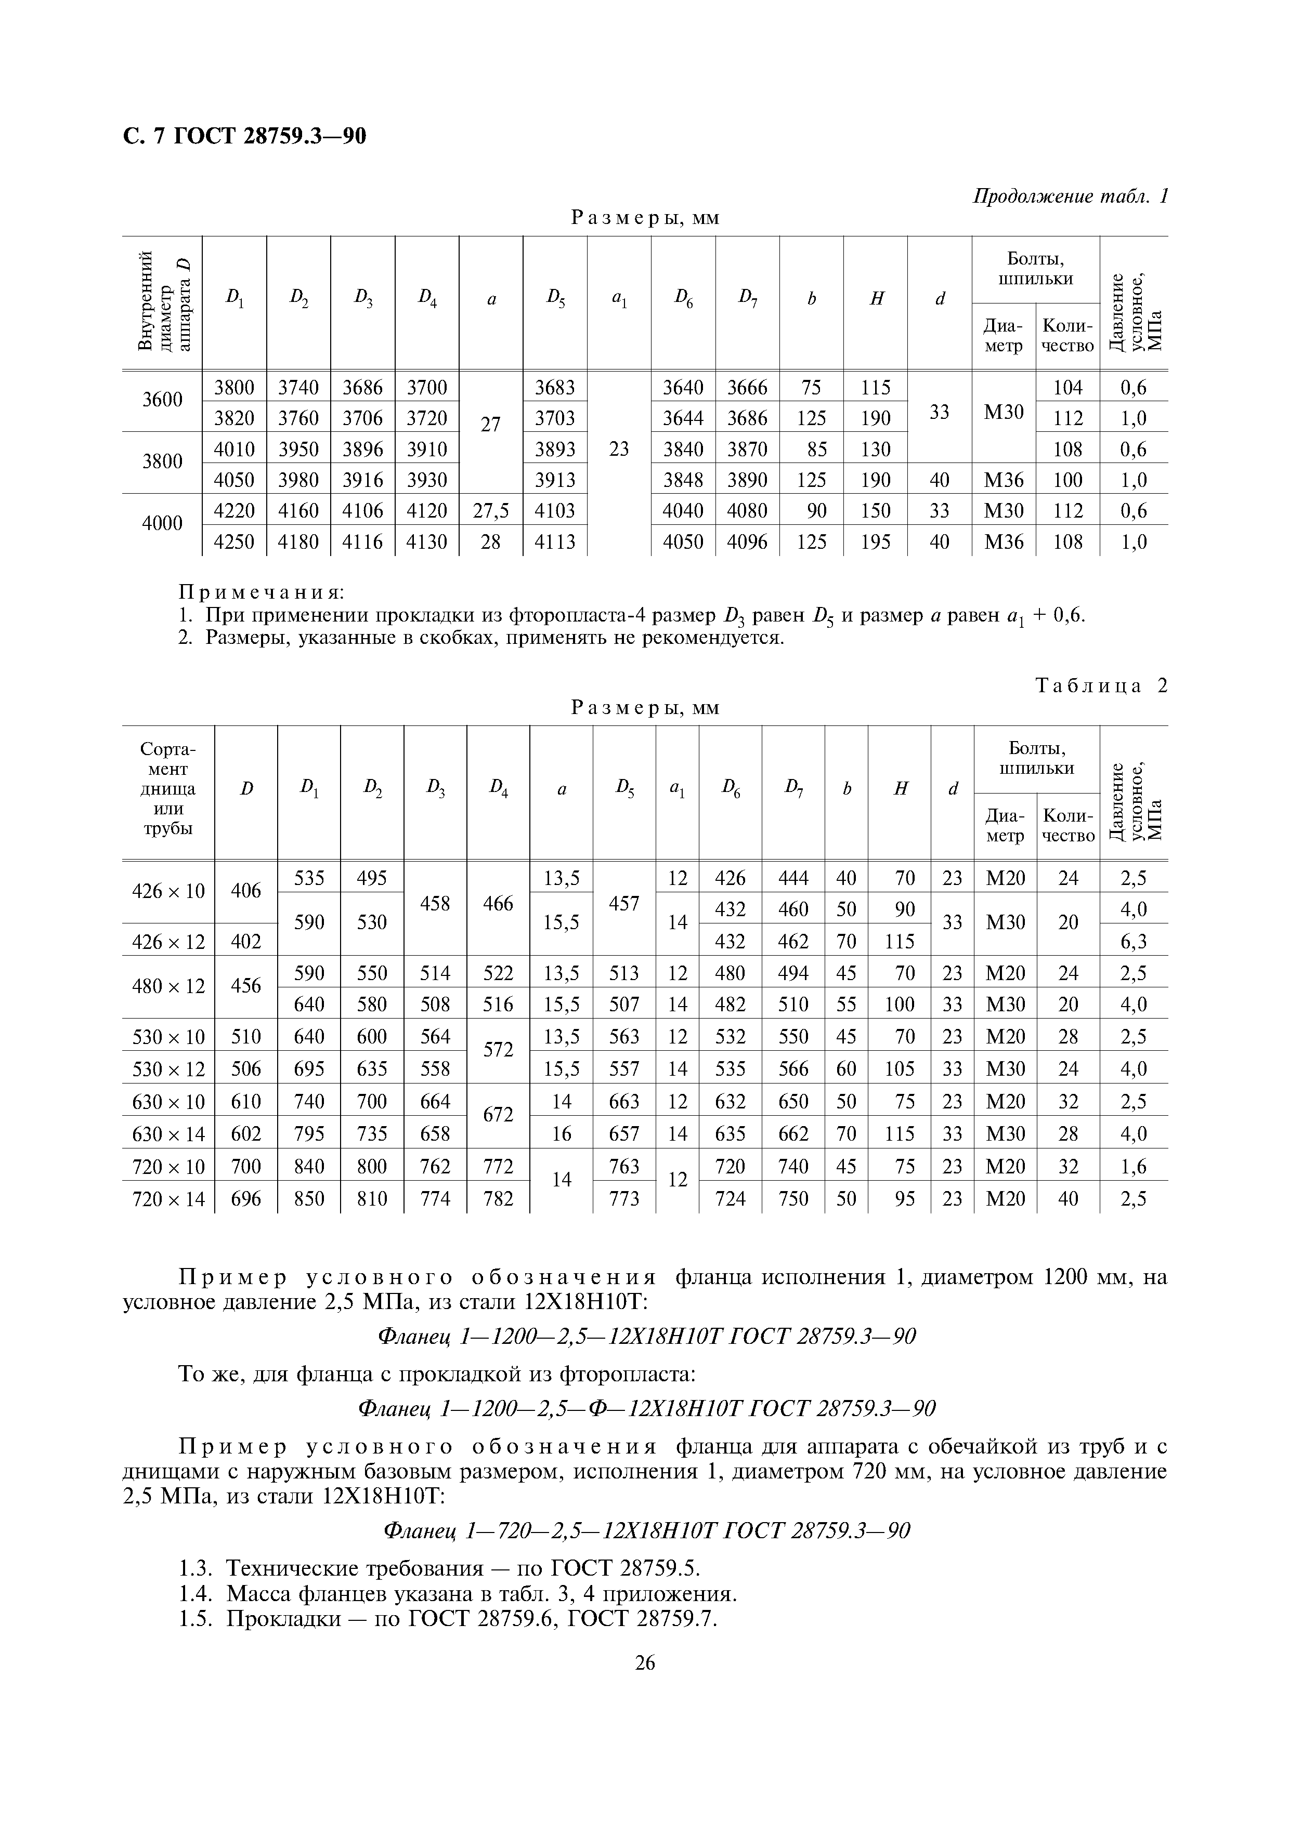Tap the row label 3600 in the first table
coord(162,400)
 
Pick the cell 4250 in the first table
coord(235,541)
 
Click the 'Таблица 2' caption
coord(1101,686)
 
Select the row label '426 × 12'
coord(167,942)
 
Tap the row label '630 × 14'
coord(167,1134)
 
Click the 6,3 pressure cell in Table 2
coord(1134,942)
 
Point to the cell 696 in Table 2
coord(245,1198)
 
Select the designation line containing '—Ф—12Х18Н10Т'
coord(646,1409)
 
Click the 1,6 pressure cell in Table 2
coord(1134,1166)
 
